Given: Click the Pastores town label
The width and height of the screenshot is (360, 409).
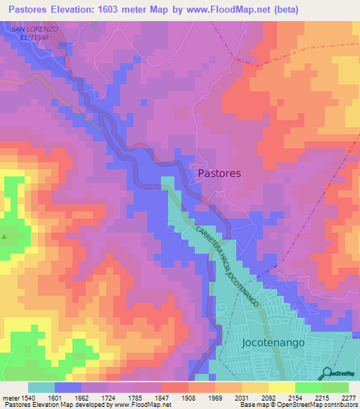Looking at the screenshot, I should pyautogui.click(x=219, y=173).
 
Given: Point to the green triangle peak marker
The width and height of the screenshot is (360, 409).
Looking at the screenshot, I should pyautogui.click(x=4, y=236).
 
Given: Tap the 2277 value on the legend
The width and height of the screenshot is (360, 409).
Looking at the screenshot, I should pyautogui.click(x=348, y=397).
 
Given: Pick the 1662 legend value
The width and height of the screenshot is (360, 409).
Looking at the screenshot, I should pyautogui.click(x=82, y=397).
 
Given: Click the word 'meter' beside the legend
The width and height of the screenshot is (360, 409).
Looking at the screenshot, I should pyautogui.click(x=10, y=397).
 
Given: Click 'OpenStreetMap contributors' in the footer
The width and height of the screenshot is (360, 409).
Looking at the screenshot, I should pyautogui.click(x=318, y=405).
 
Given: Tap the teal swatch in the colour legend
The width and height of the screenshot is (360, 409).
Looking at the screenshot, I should pyautogui.click(x=41, y=387).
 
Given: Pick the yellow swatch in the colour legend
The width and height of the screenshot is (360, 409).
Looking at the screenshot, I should pyautogui.click(x=282, y=387).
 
